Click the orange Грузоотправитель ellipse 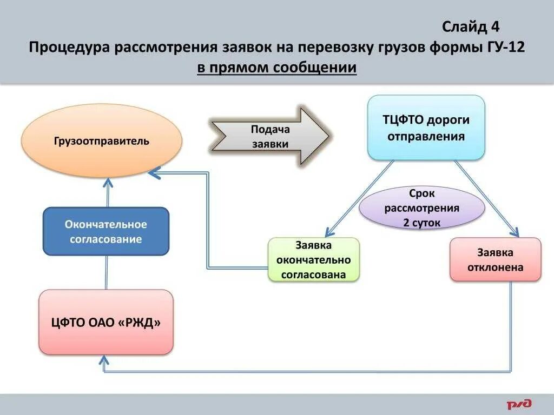(102, 141)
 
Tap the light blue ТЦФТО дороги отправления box (426, 128)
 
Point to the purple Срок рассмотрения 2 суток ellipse (422, 207)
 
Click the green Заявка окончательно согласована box (314, 260)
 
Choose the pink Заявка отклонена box (495, 260)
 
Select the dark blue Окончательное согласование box (106, 231)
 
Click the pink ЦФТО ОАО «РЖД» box (106, 323)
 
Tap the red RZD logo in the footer (519, 404)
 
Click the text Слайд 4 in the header (471, 26)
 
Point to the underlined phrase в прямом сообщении (276, 68)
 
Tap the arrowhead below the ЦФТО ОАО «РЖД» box (106, 359)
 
